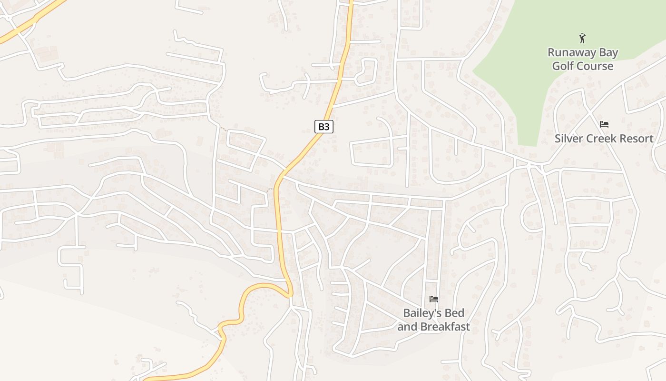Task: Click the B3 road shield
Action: (x=323, y=127)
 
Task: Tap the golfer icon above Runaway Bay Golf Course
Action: (x=582, y=38)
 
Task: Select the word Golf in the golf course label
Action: (x=563, y=66)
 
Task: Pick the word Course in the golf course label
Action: (x=596, y=66)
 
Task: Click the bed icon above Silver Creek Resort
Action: (x=604, y=124)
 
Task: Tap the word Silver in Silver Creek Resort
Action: (x=568, y=139)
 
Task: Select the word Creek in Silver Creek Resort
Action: (x=599, y=139)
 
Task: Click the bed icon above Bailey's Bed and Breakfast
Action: (x=434, y=299)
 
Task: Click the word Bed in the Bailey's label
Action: (x=455, y=313)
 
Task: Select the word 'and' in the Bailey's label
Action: (x=405, y=327)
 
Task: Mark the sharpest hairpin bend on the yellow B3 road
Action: (x=288, y=294)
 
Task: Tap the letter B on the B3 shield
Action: (x=321, y=127)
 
